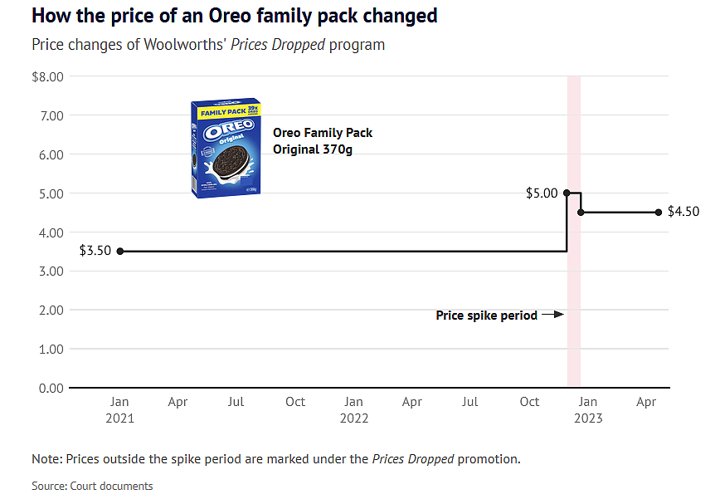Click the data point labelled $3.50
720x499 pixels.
tap(120, 252)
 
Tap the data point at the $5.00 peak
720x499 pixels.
tap(567, 193)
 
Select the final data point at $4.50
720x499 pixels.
tap(659, 213)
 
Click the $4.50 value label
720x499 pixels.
tap(684, 212)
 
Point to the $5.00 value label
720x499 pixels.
tap(542, 193)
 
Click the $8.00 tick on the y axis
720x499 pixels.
tap(48, 76)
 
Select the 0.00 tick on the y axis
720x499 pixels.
tap(51, 389)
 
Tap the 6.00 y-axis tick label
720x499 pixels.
tap(51, 154)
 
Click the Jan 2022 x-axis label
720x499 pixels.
tap(354, 410)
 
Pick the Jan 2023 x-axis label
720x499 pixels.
tap(588, 410)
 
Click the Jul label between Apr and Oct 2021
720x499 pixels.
tap(236, 402)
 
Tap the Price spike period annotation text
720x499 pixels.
tap(487, 316)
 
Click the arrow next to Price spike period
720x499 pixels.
tap(552, 315)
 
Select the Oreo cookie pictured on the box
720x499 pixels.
tap(231, 163)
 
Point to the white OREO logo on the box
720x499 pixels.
tap(229, 129)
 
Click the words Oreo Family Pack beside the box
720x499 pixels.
tap(323, 133)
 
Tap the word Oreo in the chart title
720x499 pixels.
tap(230, 16)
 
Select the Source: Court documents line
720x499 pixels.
tap(92, 486)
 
